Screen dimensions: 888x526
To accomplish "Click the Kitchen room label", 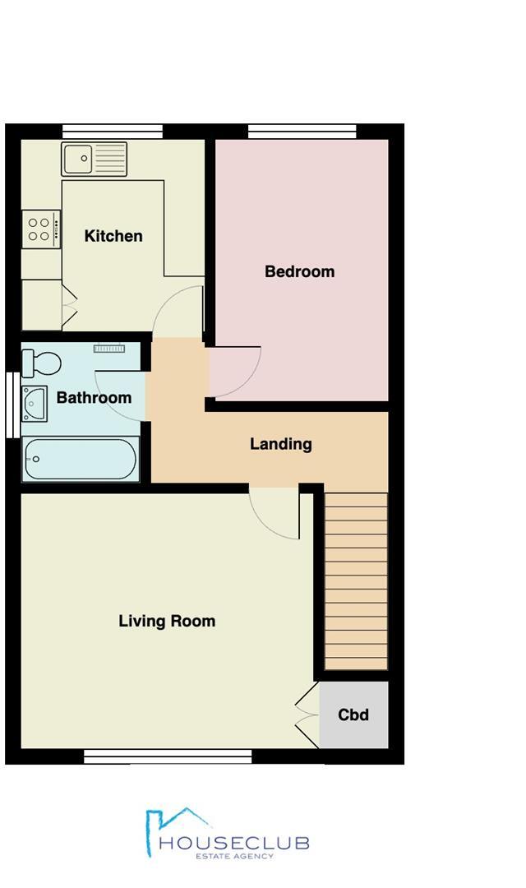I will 113,236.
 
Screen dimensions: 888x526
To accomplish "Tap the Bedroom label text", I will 299,271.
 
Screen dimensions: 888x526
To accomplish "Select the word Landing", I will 280,444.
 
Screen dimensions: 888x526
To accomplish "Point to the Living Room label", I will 167,621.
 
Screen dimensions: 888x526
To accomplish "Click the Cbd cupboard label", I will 353,715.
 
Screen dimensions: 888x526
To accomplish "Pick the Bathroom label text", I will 94,398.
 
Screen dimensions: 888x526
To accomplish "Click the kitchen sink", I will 94,159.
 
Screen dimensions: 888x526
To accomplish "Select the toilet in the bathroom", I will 41,363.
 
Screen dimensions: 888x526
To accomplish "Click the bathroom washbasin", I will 35,403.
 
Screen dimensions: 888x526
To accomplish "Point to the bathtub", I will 81,460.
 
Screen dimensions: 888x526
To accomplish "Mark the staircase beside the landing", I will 355,580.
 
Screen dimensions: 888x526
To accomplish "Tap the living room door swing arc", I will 273,516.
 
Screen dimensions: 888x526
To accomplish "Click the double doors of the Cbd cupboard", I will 307,715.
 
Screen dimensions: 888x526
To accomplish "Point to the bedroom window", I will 302,131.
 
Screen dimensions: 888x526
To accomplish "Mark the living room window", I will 168,756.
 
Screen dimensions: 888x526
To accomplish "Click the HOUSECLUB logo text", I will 234,842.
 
